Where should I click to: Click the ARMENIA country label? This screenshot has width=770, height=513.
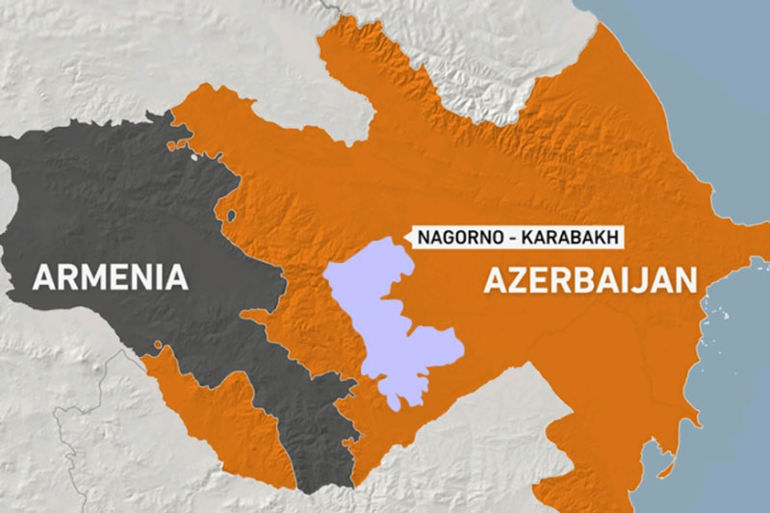click(110, 277)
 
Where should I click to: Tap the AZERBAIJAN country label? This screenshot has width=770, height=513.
click(589, 280)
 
